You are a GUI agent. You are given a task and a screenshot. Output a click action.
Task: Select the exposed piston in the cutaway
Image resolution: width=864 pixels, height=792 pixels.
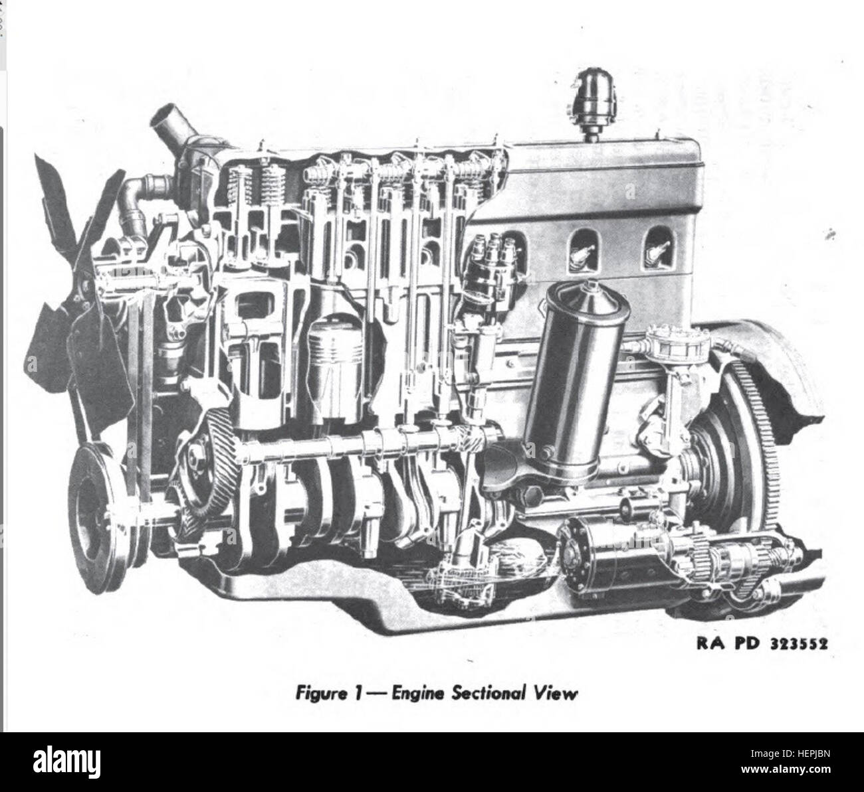coord(336,366)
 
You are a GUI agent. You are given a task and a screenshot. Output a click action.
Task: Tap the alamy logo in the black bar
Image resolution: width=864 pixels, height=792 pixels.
coord(66,762)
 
